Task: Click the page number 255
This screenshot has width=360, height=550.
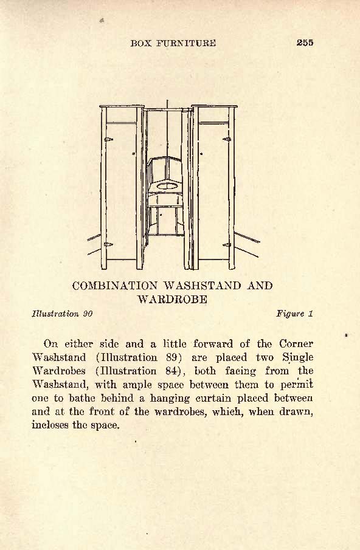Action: pyautogui.click(x=305, y=43)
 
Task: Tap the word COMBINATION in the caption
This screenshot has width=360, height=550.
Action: pyautogui.click(x=115, y=286)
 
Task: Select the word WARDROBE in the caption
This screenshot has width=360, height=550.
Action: pyautogui.click(x=172, y=299)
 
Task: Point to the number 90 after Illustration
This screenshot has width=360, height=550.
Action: pyautogui.click(x=88, y=314)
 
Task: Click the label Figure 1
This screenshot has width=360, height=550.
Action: pyautogui.click(x=294, y=314)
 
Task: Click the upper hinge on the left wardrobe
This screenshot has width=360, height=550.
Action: pyautogui.click(x=108, y=139)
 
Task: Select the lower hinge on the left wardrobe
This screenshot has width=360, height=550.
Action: pyautogui.click(x=108, y=244)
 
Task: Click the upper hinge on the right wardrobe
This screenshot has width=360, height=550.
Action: pyautogui.click(x=227, y=139)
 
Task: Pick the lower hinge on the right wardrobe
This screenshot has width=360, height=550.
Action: pyautogui.click(x=227, y=245)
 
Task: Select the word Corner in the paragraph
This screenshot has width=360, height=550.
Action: pyautogui.click(x=296, y=343)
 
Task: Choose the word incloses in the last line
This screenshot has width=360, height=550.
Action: pyautogui.click(x=50, y=425)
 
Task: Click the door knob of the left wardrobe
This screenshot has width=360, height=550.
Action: pyautogui.click(x=133, y=153)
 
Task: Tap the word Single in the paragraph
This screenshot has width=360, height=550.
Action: pyautogui.click(x=298, y=358)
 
